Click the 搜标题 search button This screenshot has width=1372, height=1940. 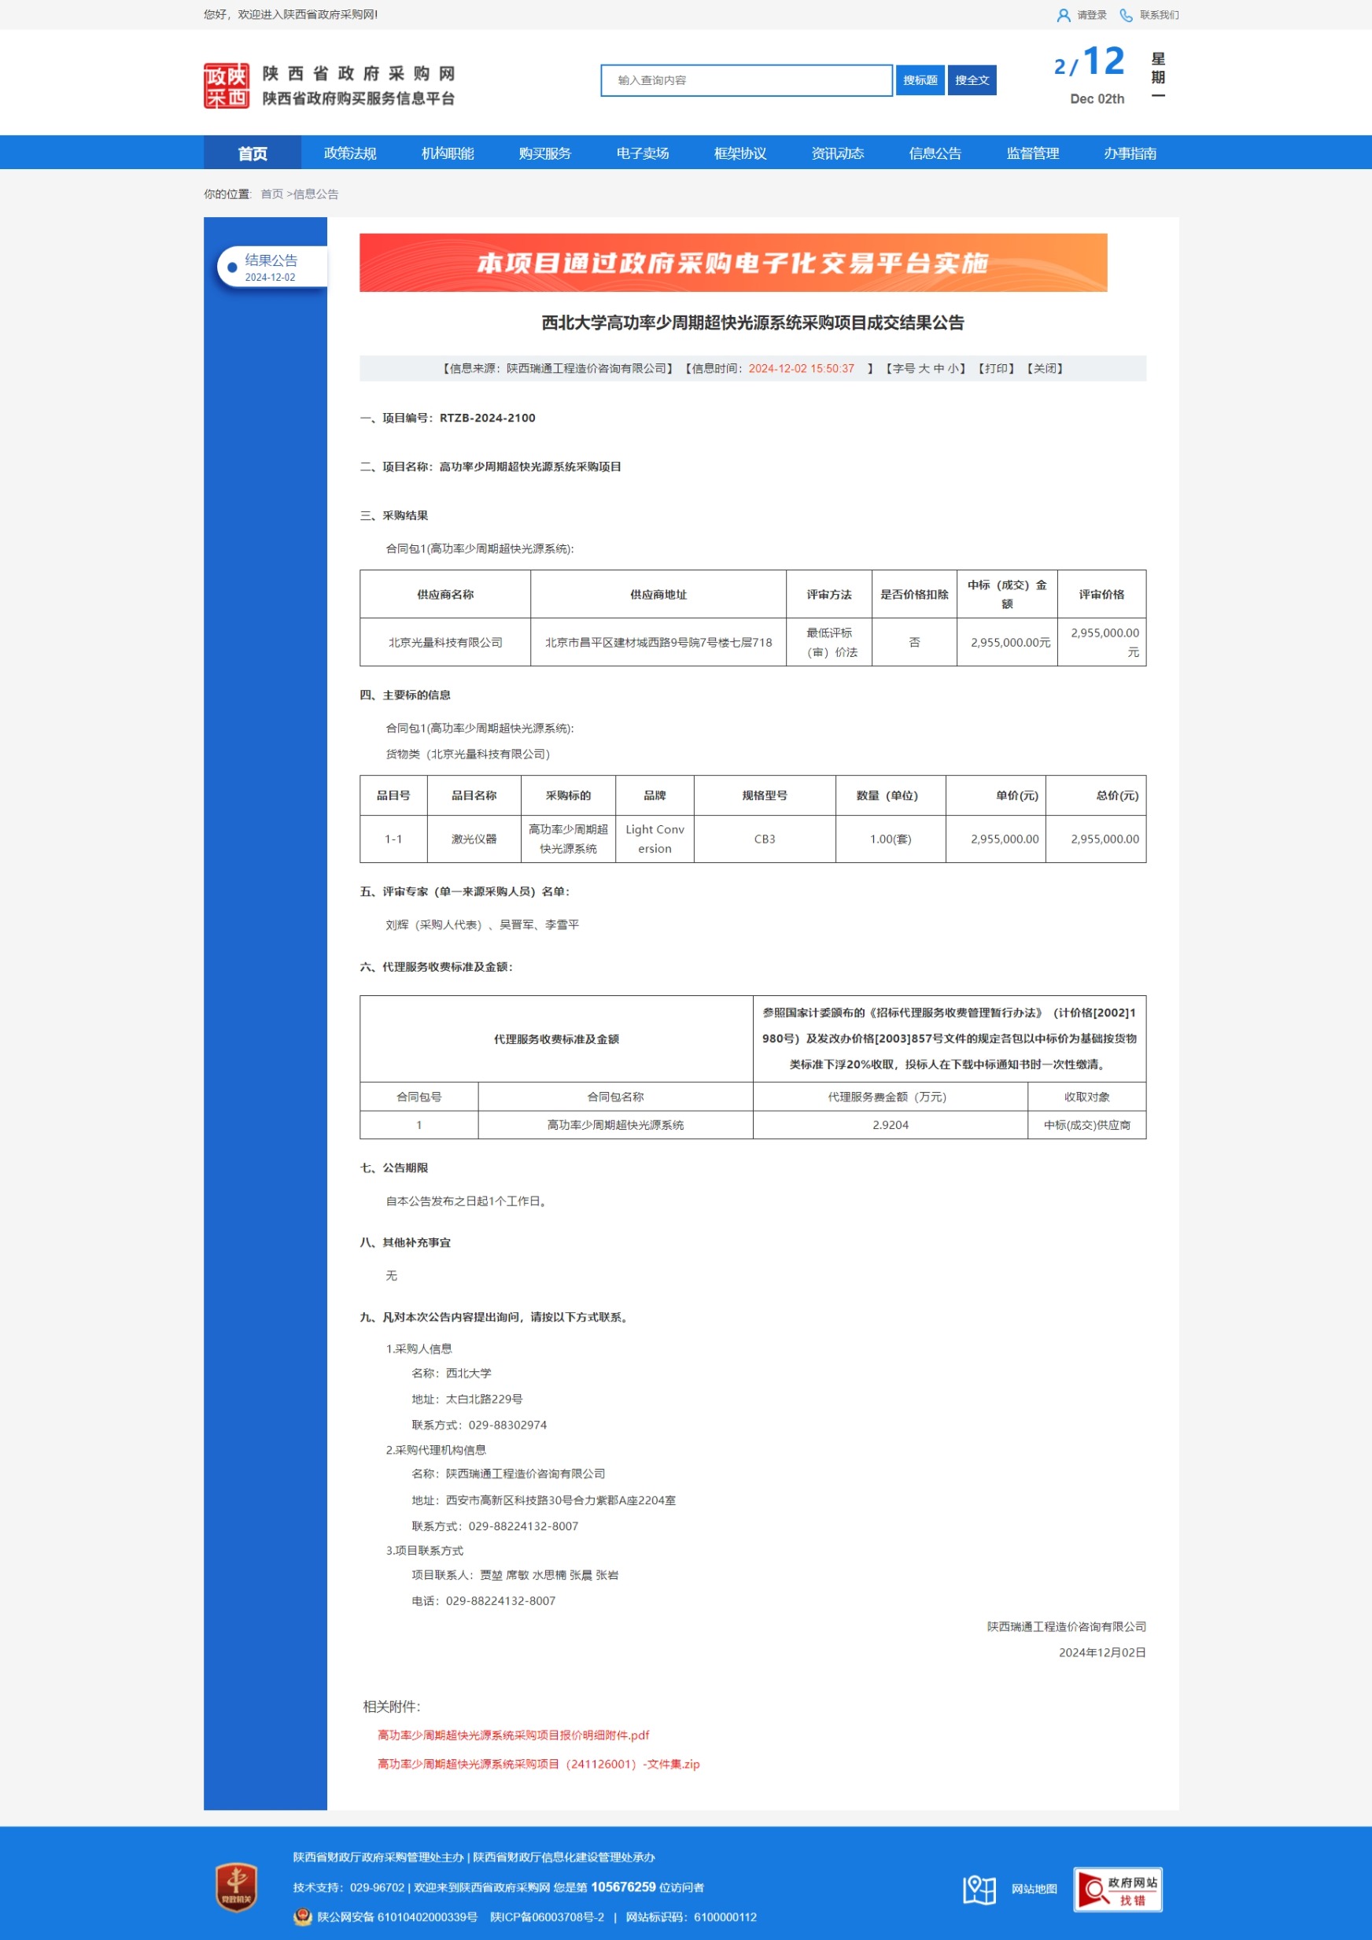click(x=919, y=80)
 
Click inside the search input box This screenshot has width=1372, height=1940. click(x=746, y=80)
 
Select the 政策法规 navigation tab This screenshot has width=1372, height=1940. click(x=350, y=153)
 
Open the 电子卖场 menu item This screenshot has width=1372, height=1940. click(x=642, y=153)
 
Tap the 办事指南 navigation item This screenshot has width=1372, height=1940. click(x=1130, y=153)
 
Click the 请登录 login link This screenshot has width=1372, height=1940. click(x=1090, y=15)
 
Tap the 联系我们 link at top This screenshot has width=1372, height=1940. click(x=1158, y=15)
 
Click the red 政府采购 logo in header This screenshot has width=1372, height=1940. click(x=227, y=85)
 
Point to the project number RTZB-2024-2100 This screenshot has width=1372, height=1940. click(x=488, y=418)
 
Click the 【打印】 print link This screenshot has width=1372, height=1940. click(x=996, y=368)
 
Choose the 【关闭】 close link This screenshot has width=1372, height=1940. click(x=1045, y=368)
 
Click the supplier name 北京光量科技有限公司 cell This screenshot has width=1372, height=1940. click(x=445, y=642)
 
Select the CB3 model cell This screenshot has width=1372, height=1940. click(x=765, y=839)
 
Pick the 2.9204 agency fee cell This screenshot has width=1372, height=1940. click(x=891, y=1125)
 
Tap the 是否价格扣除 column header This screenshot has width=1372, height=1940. click(x=914, y=594)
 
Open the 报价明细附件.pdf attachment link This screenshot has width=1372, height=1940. click(x=513, y=1735)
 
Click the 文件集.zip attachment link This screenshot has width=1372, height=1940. click(x=538, y=1764)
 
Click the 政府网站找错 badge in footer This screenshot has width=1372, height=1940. click(x=1118, y=1890)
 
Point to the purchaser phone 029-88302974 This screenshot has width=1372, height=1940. click(x=507, y=1425)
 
